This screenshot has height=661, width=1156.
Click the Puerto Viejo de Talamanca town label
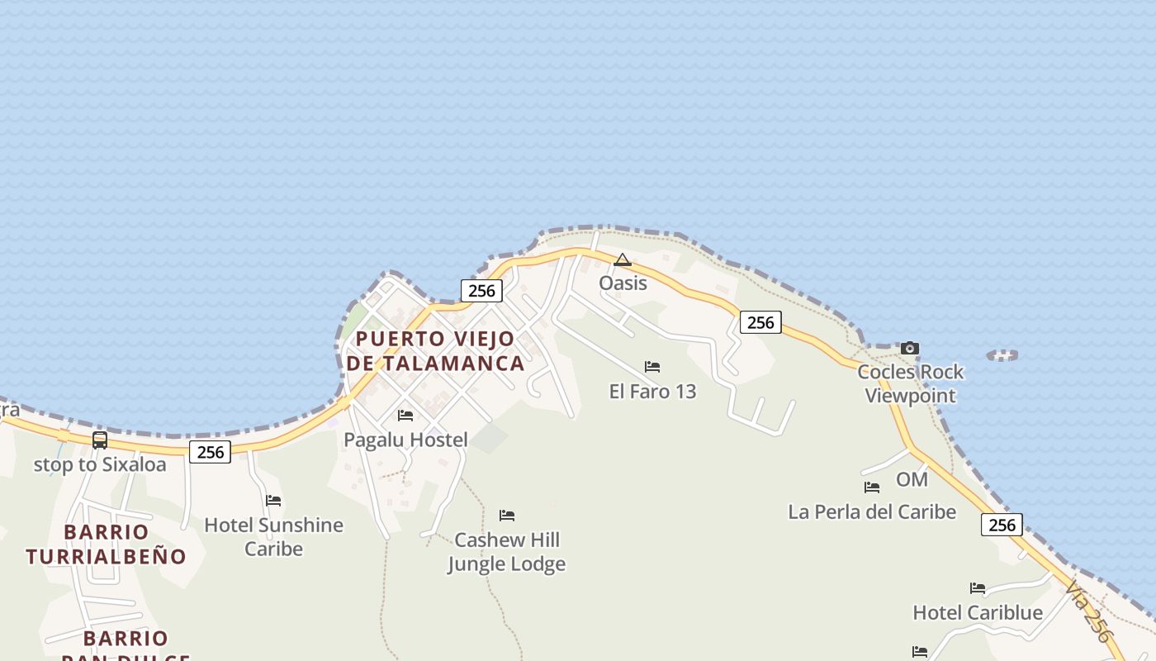(x=435, y=351)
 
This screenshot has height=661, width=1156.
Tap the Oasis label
(x=623, y=283)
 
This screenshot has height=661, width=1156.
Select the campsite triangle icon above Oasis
(x=623, y=260)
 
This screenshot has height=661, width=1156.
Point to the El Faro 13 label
(x=652, y=392)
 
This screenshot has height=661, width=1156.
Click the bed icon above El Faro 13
(x=652, y=366)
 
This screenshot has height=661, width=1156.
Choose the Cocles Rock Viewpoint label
(x=910, y=384)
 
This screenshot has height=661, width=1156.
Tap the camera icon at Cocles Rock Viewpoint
(x=910, y=348)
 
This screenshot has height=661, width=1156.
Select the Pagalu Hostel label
(x=405, y=440)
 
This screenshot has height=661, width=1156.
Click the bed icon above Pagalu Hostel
(x=405, y=415)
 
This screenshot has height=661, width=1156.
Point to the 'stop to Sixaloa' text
(x=100, y=465)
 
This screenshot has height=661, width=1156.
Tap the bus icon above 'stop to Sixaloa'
(x=100, y=440)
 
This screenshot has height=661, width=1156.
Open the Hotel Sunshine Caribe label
(x=273, y=537)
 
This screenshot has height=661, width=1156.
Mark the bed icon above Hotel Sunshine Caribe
(x=273, y=500)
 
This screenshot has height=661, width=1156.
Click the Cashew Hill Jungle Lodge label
(x=506, y=552)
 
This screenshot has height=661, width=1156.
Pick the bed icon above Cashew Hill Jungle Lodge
(x=507, y=515)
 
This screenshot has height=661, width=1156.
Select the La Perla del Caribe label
(x=872, y=512)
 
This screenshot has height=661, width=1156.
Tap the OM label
(x=912, y=480)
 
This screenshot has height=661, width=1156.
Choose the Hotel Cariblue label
(x=978, y=613)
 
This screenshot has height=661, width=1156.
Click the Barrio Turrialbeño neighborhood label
(x=107, y=544)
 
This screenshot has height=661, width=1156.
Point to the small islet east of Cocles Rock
(x=1002, y=355)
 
